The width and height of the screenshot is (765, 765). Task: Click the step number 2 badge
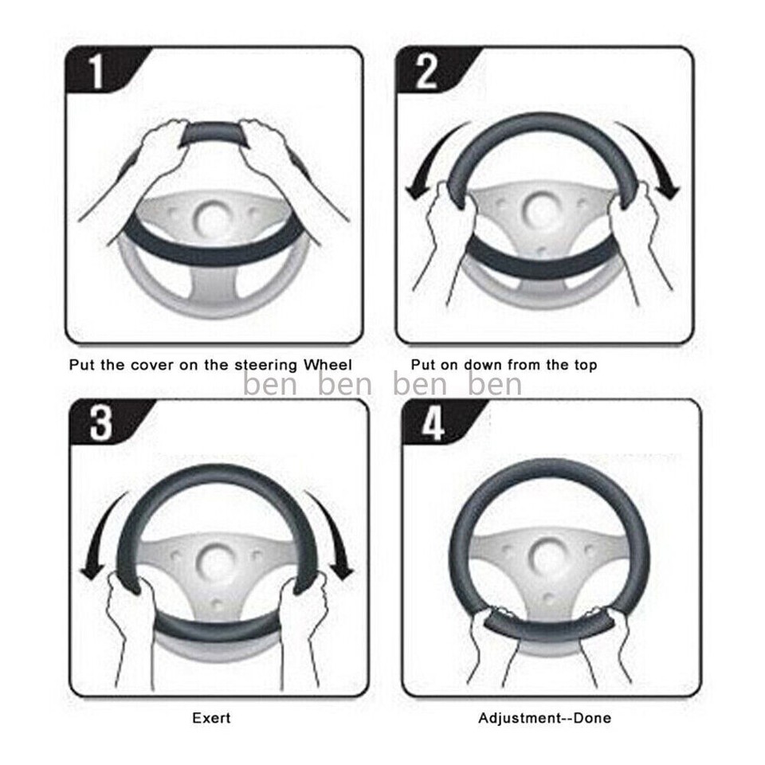(x=426, y=71)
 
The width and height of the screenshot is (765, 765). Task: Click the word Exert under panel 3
(x=211, y=718)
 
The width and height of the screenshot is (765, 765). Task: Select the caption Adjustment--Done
(x=544, y=718)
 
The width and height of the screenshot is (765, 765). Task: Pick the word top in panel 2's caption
(x=583, y=365)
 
